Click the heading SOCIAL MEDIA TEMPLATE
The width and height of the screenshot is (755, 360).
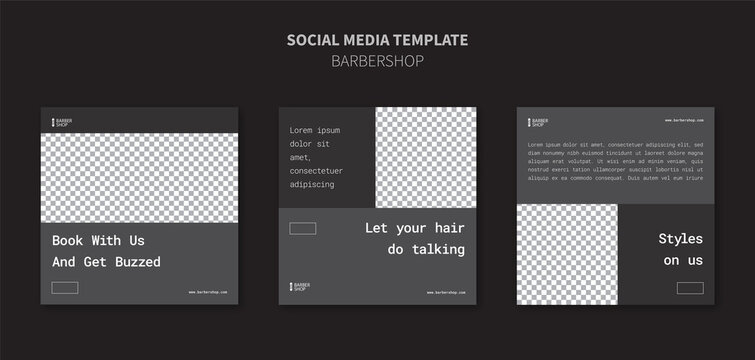(x=377, y=40)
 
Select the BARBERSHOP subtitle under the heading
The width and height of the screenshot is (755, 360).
(x=377, y=60)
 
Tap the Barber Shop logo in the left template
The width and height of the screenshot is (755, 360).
(x=60, y=122)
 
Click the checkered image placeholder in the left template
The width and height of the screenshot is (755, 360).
(x=138, y=177)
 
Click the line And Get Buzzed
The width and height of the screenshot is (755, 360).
(x=106, y=262)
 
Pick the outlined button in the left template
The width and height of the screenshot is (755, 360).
(x=65, y=288)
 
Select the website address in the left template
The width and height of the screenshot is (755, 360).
(x=209, y=292)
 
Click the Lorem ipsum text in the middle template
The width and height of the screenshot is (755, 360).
(x=315, y=157)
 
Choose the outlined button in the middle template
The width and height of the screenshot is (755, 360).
(x=302, y=229)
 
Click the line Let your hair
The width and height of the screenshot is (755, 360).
(x=414, y=228)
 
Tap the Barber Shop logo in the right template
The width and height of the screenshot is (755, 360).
(x=537, y=122)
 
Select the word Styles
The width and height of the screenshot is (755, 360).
(x=680, y=239)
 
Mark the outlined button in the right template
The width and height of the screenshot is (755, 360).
(x=689, y=288)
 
